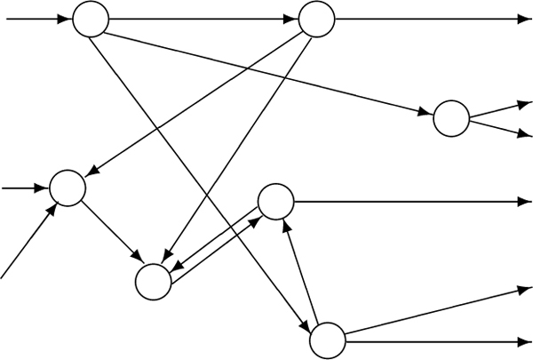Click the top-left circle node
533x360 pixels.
90,19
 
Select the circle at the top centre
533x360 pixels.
317,20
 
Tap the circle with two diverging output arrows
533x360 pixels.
450,119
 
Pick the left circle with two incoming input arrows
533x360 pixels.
68,187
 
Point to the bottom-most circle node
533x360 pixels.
327,340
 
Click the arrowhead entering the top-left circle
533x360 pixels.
65,19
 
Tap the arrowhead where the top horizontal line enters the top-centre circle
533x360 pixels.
292,20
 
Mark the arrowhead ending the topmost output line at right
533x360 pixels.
526,20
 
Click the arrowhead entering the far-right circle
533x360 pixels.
426,113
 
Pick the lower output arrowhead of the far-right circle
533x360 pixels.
525,135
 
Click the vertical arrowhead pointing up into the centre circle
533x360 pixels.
286,225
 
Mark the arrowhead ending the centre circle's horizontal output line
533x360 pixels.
526,202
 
